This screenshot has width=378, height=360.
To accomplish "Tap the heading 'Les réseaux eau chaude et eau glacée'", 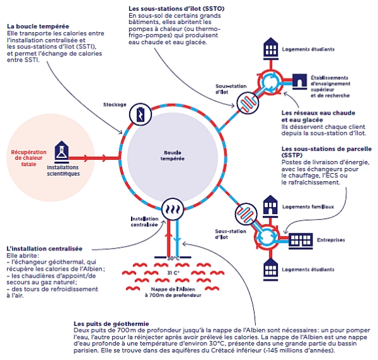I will point(309,116).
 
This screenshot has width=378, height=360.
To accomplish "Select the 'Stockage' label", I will point(114,104).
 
